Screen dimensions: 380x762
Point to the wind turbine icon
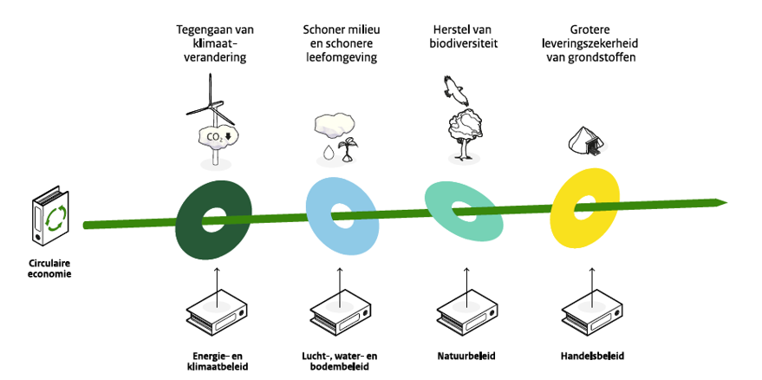coord(211,104)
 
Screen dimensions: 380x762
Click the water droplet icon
coord(328,153)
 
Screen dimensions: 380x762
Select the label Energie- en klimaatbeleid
coord(213,361)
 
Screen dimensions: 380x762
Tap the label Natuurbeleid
coord(467,356)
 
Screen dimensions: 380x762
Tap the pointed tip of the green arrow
coord(724,203)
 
